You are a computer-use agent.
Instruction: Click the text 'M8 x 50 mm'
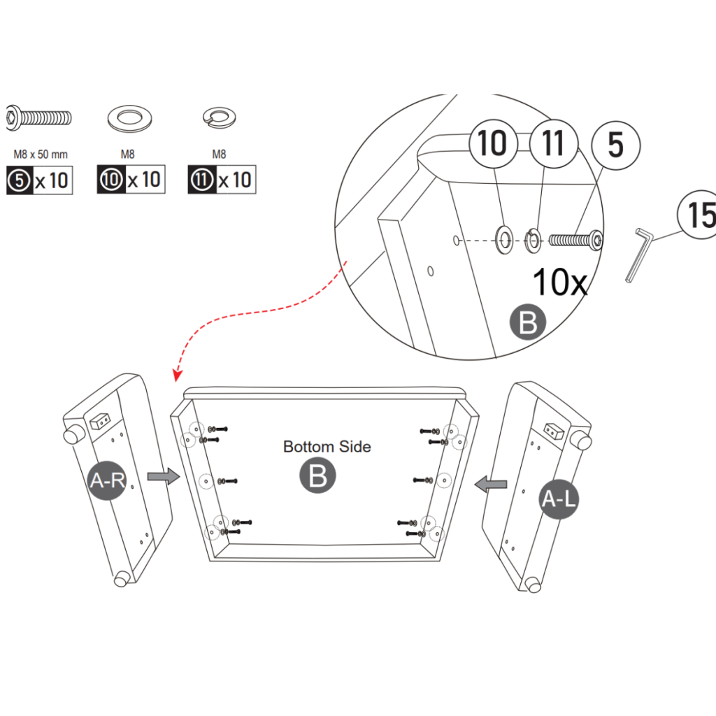click(x=40, y=154)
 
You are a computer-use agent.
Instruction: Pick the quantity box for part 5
click(x=39, y=180)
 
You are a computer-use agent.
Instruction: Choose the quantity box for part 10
click(x=131, y=180)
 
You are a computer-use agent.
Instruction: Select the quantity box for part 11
click(x=222, y=180)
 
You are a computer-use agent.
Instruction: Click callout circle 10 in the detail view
click(x=492, y=143)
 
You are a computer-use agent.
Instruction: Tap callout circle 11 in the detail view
click(x=552, y=143)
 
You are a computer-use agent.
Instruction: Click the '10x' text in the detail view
click(x=560, y=282)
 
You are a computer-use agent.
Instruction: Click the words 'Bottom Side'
click(x=327, y=446)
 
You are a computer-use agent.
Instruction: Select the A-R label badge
click(x=107, y=481)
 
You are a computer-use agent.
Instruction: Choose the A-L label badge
click(x=560, y=499)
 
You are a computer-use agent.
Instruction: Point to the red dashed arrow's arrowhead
click(x=176, y=378)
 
